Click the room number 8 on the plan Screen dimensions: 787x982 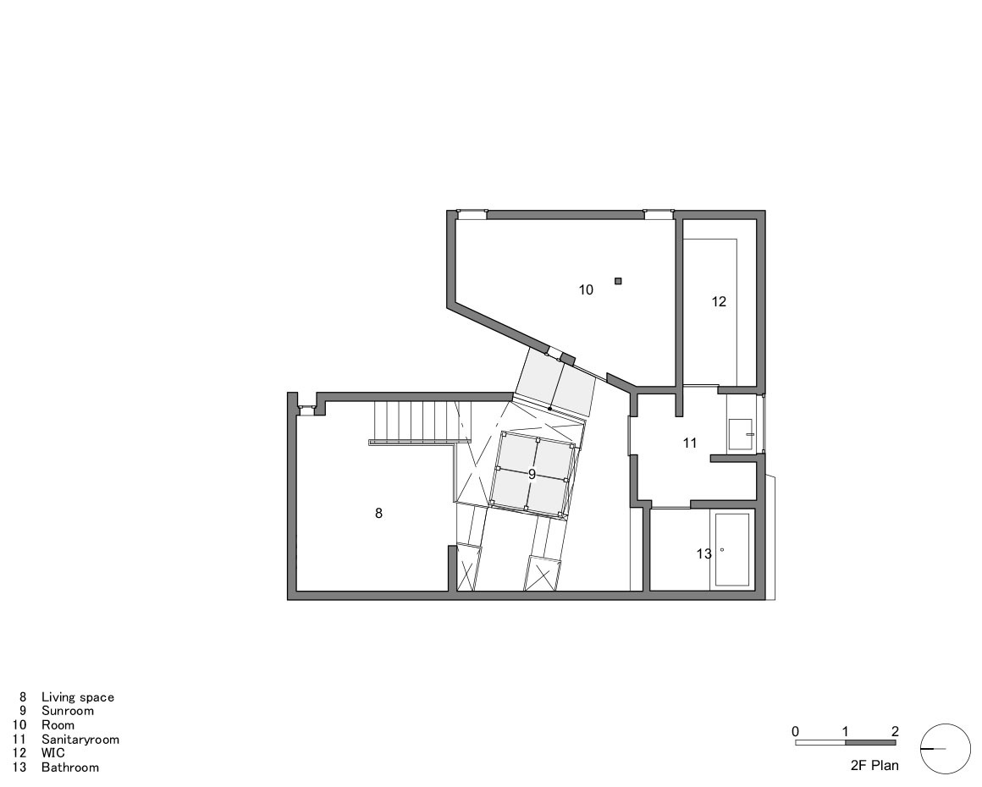tap(378, 513)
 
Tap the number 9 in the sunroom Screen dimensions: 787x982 tap(532, 475)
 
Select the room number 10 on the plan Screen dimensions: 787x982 tap(586, 289)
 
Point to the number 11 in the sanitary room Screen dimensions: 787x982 tap(690, 443)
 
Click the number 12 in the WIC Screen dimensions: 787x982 tap(719, 301)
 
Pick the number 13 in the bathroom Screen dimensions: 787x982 tap(704, 553)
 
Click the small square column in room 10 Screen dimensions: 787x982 tap(618, 281)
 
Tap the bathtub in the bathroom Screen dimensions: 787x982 tap(733, 549)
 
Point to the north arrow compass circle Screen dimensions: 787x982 tap(946, 749)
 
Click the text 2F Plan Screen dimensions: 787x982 tap(874, 766)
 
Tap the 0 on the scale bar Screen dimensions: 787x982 tap(795, 731)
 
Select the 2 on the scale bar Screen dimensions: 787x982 tap(895, 731)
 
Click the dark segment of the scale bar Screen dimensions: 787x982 tap(870, 743)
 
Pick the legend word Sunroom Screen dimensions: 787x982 tap(68, 711)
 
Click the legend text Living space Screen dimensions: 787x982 tap(77, 697)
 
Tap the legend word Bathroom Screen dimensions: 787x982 tap(70, 768)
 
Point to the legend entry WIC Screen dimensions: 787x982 tap(52, 753)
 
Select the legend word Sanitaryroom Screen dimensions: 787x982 tap(80, 739)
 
